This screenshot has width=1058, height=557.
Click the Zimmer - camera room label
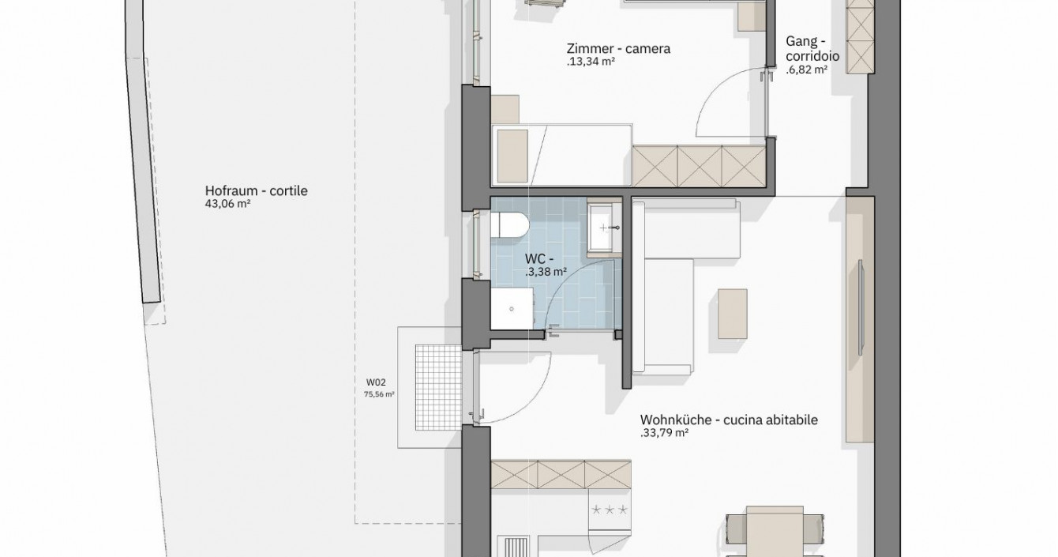click(618, 49)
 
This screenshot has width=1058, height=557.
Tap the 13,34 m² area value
click(591, 62)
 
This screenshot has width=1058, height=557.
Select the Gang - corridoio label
click(812, 49)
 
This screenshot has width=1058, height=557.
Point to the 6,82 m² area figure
click(807, 70)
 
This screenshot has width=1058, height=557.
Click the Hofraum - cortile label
click(256, 191)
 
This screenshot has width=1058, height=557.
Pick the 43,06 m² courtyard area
click(227, 204)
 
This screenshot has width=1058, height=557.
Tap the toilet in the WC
click(508, 224)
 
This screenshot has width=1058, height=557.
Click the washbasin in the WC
click(604, 228)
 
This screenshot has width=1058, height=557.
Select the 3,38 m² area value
click(546, 272)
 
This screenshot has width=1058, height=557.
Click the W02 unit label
click(376, 382)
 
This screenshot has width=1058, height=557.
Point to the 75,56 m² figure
click(379, 394)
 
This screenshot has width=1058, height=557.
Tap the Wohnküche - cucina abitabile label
click(729, 420)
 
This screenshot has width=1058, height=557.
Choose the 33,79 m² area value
click(663, 433)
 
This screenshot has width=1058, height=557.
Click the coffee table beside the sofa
click(733, 314)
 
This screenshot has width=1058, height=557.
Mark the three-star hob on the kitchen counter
click(610, 510)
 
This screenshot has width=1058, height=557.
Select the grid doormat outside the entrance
click(438, 387)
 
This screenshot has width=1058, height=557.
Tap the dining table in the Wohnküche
click(775, 532)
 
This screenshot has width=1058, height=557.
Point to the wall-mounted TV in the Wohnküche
click(861, 307)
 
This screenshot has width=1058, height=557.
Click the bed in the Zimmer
click(561, 155)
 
